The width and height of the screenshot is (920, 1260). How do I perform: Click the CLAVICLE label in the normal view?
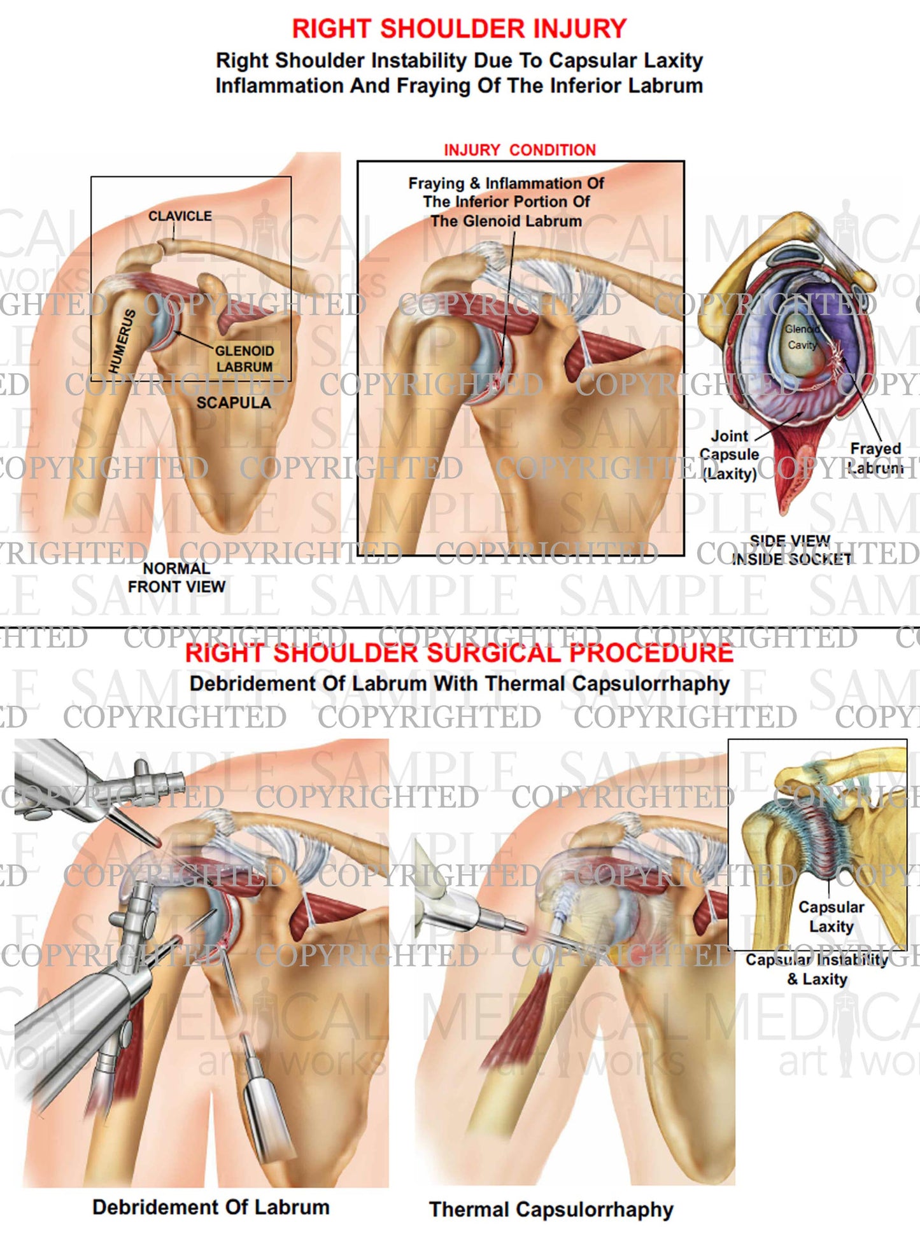click(180, 216)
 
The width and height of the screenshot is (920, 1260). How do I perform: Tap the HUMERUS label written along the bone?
click(122, 341)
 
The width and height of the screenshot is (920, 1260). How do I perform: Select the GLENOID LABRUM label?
click(244, 359)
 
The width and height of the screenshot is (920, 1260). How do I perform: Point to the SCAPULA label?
click(233, 403)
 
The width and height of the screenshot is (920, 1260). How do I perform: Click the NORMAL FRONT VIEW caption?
click(176, 578)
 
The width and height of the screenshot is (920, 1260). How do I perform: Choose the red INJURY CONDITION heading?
click(520, 150)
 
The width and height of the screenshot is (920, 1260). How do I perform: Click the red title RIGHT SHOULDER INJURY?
click(459, 29)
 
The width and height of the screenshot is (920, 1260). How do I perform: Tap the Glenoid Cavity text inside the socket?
click(801, 337)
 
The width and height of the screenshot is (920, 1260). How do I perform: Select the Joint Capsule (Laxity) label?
click(730, 454)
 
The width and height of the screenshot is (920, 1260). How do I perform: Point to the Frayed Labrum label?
click(875, 458)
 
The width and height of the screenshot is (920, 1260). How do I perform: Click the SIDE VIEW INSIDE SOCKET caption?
click(791, 550)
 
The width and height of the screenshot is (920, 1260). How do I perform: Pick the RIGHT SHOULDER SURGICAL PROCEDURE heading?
click(459, 654)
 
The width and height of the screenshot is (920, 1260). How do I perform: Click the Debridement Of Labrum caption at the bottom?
click(211, 1207)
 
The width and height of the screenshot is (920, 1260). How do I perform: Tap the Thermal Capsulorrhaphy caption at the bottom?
click(551, 1209)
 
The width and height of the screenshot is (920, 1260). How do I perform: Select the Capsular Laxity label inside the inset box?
click(831, 916)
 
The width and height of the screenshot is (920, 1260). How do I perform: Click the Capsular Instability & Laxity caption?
click(817, 969)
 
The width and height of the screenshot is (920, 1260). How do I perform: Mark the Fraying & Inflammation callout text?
click(506, 202)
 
